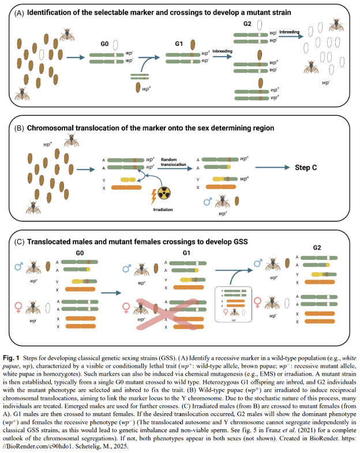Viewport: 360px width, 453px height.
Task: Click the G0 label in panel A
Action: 105,43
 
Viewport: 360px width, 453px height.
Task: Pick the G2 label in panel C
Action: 317,248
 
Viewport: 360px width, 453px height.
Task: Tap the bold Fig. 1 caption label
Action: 16,351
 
